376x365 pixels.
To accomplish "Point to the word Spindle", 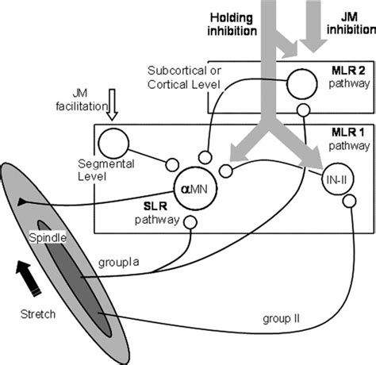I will click(47, 238).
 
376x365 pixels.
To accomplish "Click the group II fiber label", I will click(278, 318).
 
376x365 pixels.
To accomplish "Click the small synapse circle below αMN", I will click(190, 225).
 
